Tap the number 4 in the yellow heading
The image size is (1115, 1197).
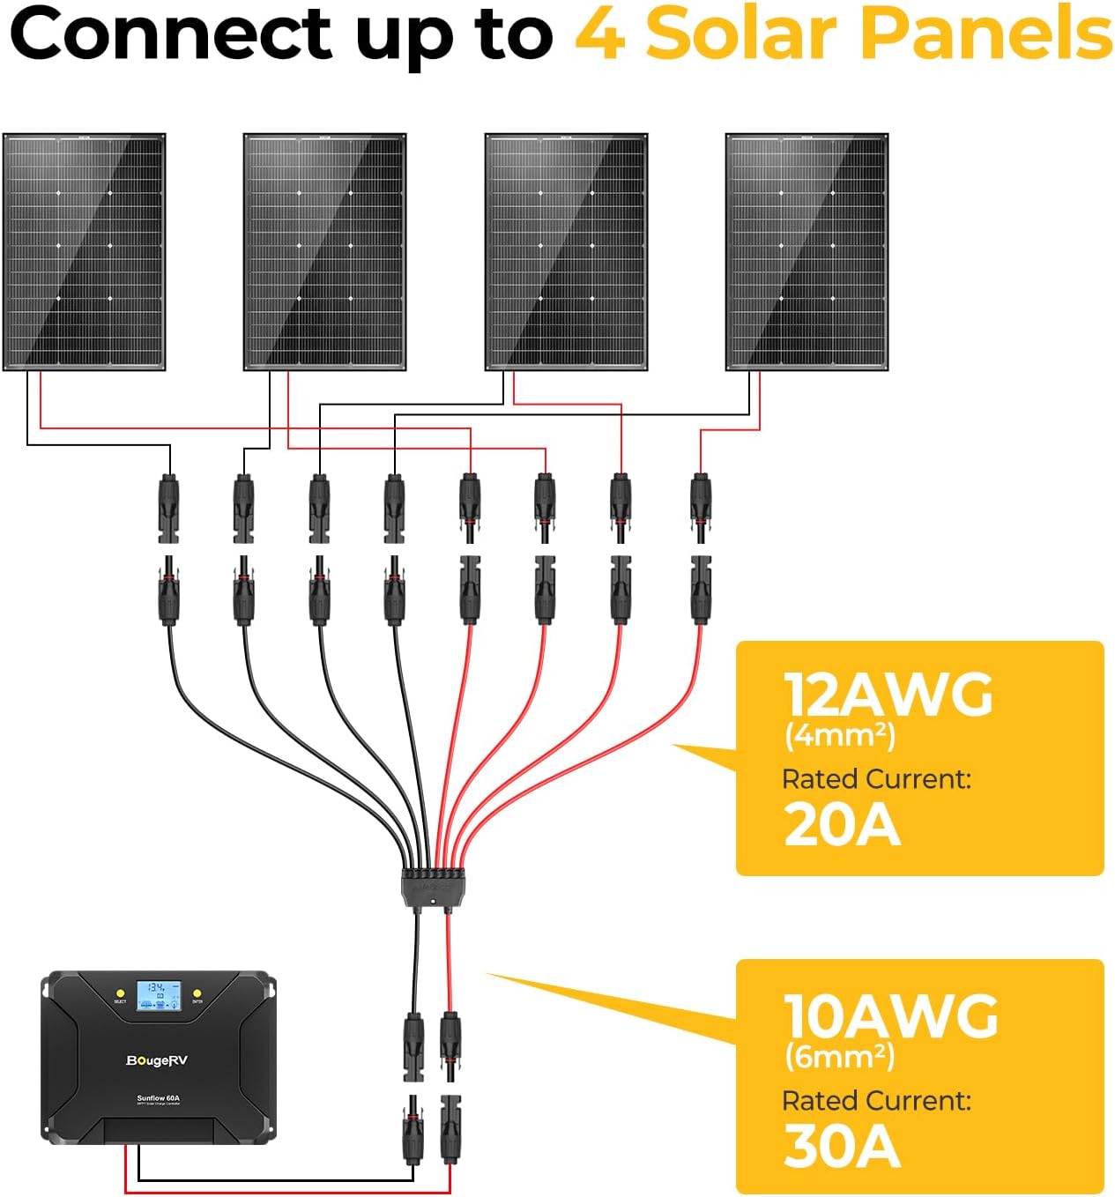pos(601,35)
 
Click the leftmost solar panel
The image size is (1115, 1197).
pos(85,252)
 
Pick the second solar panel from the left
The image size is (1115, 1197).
pos(324,252)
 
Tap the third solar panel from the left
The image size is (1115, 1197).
pos(566,252)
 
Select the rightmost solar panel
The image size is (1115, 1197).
pos(807,252)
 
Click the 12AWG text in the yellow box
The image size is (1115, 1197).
pos(888,695)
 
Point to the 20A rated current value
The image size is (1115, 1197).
pos(842,826)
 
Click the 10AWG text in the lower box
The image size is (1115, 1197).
pos(890,1016)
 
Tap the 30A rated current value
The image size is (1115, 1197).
pos(842,1147)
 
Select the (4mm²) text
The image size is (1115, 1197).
pos(839,735)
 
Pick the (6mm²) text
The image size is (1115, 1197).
pos(839,1056)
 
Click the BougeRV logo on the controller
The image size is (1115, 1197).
pos(157,1060)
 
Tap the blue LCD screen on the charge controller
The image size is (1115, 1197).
pos(159,995)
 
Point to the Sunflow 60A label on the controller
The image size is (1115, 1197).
pos(158,1098)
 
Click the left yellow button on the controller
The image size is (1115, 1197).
pos(120,993)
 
